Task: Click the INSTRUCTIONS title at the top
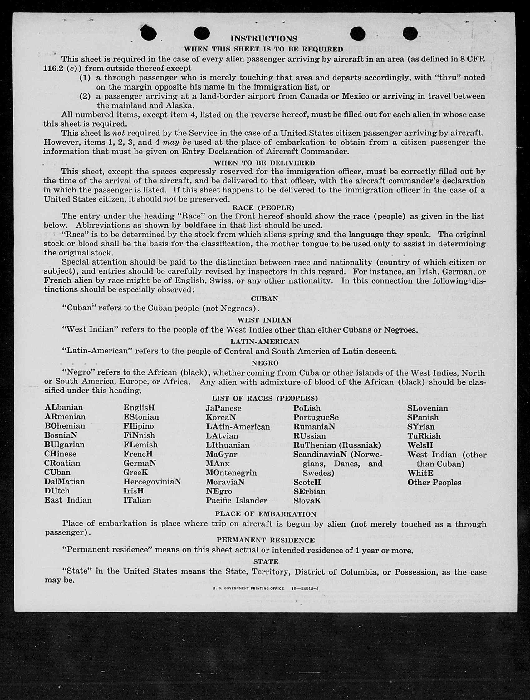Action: pos(264,39)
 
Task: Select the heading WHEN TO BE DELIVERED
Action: pos(264,163)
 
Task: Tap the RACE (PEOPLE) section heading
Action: pos(263,207)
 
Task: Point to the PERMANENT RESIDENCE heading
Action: pos(266,540)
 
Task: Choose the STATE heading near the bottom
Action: pos(266,562)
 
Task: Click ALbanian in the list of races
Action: pos(64,407)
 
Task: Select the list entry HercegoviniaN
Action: pos(152,481)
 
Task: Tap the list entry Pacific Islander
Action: pos(237,500)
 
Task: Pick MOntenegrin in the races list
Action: pos(231,473)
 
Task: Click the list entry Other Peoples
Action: pos(434,482)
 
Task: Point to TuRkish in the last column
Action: pos(424,436)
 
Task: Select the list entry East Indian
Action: pos(68,500)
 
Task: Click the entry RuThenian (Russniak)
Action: pos(337,445)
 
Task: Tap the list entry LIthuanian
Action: pos(228,445)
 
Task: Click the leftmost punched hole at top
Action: pos(149,33)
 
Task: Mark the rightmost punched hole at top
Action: pos(411,33)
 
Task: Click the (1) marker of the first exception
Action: pos(85,78)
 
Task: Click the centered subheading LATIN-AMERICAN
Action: pos(265,342)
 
